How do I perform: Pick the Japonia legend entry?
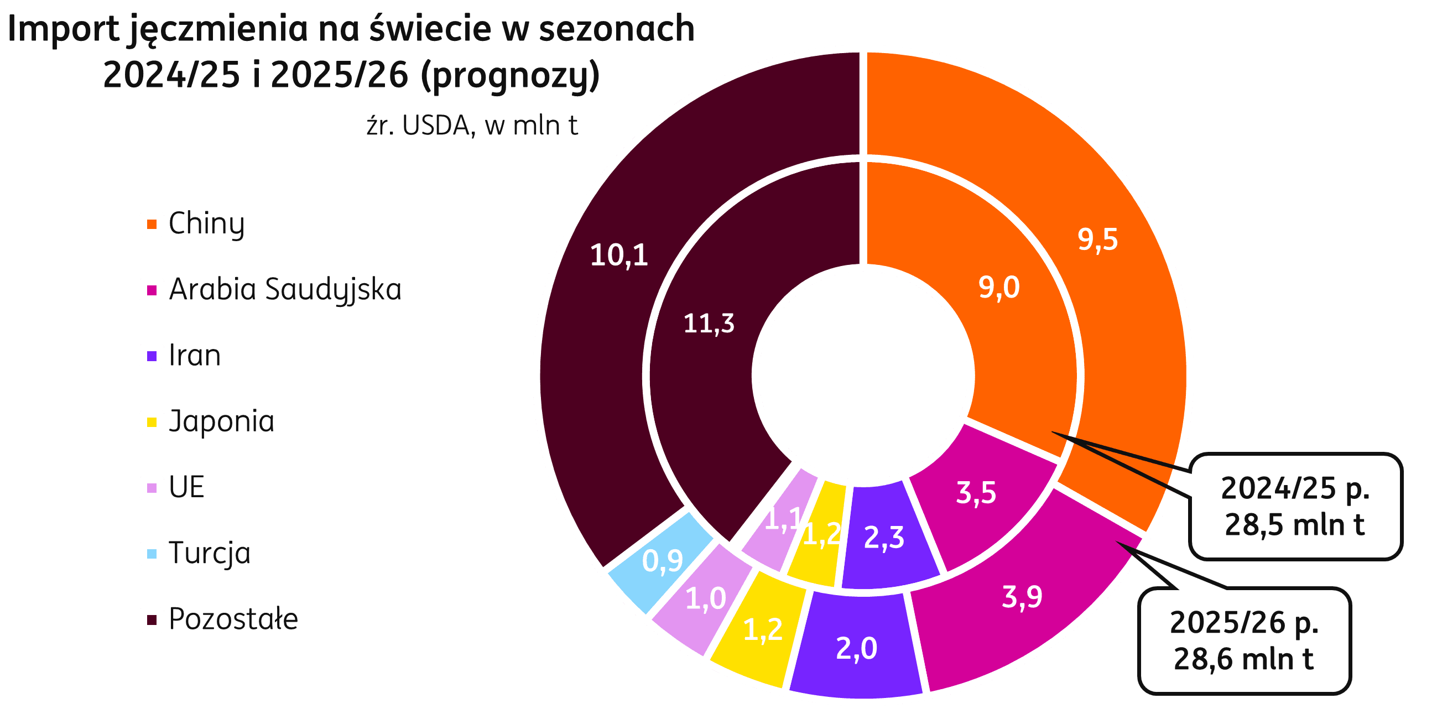click(x=221, y=421)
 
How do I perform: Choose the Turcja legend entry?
click(x=209, y=553)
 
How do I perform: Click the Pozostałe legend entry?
click(x=233, y=619)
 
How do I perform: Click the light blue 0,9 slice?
click(x=662, y=561)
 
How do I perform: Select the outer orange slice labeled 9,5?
click(x=1097, y=240)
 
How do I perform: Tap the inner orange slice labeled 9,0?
click(x=998, y=288)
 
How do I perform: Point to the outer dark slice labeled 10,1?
click(x=618, y=256)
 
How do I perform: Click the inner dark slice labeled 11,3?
click(x=709, y=324)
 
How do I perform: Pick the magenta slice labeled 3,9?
click(x=1022, y=597)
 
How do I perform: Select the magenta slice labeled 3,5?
click(x=976, y=493)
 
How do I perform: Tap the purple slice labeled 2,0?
click(x=856, y=648)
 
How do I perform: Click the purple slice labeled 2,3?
click(x=884, y=538)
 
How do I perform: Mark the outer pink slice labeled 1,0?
click(x=705, y=599)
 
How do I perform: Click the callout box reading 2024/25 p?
click(x=1295, y=506)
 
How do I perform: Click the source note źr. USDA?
click(x=472, y=126)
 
